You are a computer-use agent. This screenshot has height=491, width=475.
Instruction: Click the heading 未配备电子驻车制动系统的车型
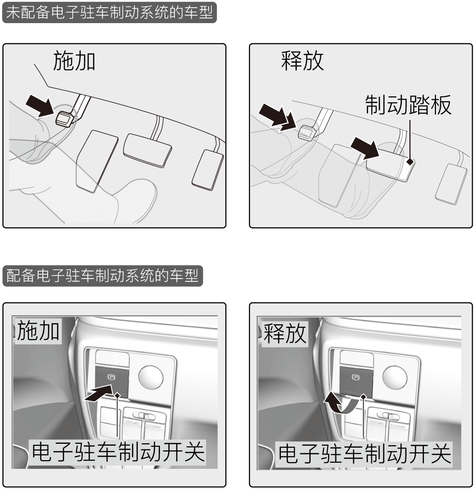109,13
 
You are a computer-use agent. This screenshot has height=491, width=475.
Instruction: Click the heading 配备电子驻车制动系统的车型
103,276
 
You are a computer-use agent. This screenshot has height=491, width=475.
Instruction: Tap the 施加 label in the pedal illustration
74,61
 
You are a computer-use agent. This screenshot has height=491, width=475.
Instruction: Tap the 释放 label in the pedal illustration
302,61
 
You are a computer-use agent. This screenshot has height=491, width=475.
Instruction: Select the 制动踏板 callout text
409,105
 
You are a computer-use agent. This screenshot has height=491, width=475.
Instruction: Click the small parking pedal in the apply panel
65,119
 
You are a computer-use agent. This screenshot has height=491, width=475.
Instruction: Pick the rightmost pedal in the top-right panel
451,184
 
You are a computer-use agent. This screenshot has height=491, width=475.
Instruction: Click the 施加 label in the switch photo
38,331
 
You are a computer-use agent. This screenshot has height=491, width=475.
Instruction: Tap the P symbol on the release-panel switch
356,377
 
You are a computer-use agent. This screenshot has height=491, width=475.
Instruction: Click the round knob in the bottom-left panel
151,376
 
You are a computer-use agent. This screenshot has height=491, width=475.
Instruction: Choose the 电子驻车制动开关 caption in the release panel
365,454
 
